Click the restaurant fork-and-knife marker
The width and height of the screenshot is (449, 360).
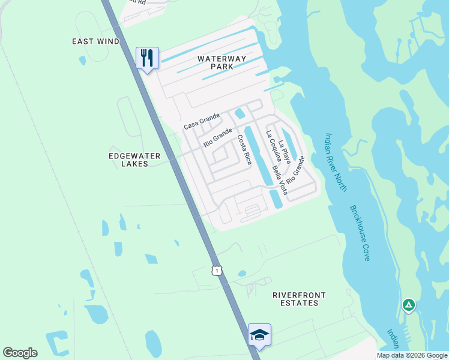coord(147,58)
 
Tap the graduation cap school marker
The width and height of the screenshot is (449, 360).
coord(259,334)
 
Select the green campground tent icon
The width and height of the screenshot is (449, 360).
coord(408,305)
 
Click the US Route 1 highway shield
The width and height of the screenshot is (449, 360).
coord(217,271)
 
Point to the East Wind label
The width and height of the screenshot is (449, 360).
coord(95,41)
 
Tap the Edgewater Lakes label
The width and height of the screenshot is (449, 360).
coord(134,160)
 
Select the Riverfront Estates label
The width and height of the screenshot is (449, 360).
coord(299,299)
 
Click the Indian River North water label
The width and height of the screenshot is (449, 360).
coord(336,163)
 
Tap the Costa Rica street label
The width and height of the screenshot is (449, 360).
coord(244,149)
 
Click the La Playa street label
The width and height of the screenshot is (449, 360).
coord(285,152)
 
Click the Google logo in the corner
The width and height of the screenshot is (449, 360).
coord(20,353)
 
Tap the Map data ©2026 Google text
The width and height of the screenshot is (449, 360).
coord(412,355)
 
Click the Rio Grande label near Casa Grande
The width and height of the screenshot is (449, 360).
coord(217,138)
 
